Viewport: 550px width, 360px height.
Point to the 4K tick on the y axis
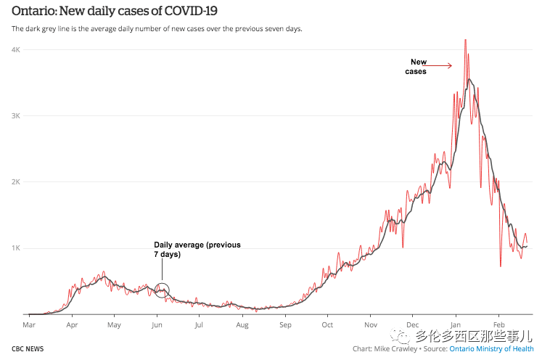[x=15, y=49]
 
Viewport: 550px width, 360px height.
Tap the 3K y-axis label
[x=15, y=116]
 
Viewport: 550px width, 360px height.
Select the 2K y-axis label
[x=15, y=182]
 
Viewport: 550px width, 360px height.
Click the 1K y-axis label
[x=15, y=248]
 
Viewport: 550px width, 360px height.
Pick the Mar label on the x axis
[x=30, y=325]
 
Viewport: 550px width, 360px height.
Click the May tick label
[x=114, y=325]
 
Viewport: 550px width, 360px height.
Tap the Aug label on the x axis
[x=242, y=325]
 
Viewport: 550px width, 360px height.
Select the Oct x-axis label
[x=327, y=325]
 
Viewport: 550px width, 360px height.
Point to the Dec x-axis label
[x=413, y=325]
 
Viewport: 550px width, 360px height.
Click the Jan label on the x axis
[x=456, y=325]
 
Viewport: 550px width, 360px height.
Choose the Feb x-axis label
[x=498, y=325]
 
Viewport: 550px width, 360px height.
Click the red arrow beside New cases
[x=439, y=66]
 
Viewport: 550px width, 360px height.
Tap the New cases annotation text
[x=417, y=66]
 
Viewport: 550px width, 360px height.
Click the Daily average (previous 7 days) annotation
[x=197, y=250]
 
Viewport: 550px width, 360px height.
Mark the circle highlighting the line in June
[x=162, y=290]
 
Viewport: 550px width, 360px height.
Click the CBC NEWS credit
[x=28, y=349]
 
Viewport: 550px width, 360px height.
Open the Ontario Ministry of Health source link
[x=491, y=349]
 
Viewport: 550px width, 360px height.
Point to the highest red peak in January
[x=465, y=41]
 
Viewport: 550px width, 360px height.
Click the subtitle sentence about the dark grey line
[x=157, y=29]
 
